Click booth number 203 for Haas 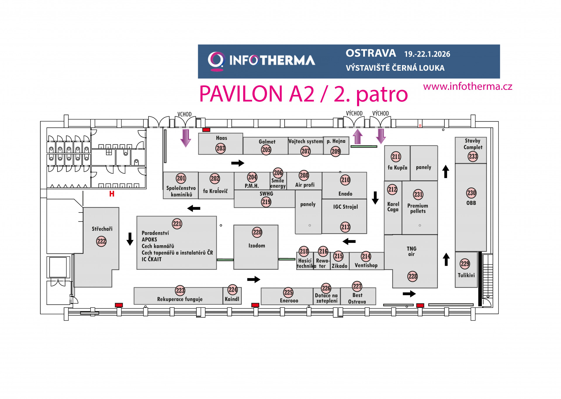pos(221,148)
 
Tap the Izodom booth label pos(257,246)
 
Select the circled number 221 pos(177,224)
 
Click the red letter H pos(112,194)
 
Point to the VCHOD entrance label pos(184,114)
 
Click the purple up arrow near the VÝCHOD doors pos(358,137)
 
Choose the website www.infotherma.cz pos(467,87)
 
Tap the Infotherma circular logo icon pos(216,61)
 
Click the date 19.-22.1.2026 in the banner pos(427,54)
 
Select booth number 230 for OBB pos(471,193)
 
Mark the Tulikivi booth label pos(466,275)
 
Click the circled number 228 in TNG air pos(413,276)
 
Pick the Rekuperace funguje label pos(180,299)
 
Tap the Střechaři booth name pos(102,229)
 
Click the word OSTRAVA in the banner pos(371,53)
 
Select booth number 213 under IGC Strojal pos(345,227)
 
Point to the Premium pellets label pos(418,208)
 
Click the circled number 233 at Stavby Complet pos(473,156)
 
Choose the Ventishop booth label pos(366,265)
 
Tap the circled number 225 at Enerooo pos(288,292)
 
